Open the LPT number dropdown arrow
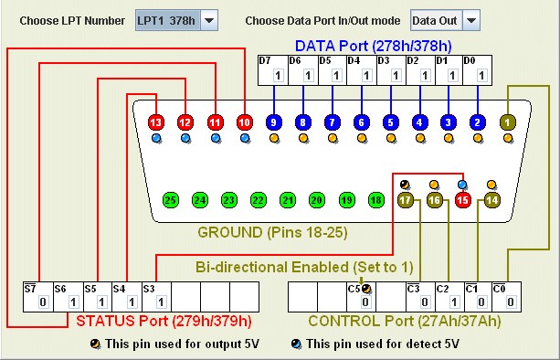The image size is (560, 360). coord(209,20)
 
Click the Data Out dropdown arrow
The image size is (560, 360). coord(471,20)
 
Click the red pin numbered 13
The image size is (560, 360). coord(156,122)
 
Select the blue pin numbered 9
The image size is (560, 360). coord(273,122)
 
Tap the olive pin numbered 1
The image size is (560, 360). coord(508,122)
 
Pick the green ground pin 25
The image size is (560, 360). coord(171,200)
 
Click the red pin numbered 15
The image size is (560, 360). coord(463,200)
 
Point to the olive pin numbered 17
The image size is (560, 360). coord(405,200)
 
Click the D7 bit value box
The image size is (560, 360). coord(279,76)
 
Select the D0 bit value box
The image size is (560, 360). coord(481,76)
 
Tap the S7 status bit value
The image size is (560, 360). coord(43,302)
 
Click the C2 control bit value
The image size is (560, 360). coord(454,302)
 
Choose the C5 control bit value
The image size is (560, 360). coord(365,302)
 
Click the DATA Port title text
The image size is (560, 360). coord(374,46)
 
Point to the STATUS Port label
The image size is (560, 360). coord(164,321)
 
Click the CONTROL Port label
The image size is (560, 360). coord(405,321)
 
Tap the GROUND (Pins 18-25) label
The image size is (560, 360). coord(272,232)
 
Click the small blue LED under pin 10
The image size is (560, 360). coord(245,138)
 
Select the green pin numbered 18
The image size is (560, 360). coord(375,200)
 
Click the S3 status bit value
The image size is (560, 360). coord(161,302)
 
